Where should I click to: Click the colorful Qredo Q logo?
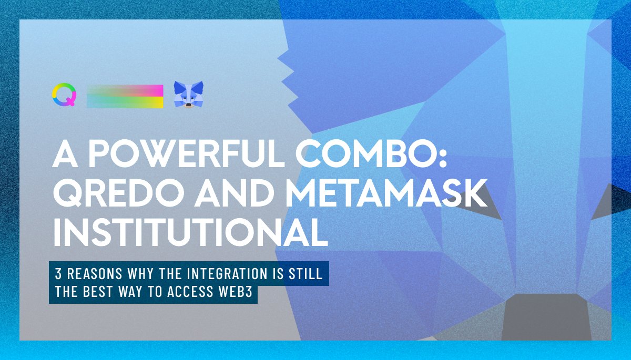(x=64, y=95)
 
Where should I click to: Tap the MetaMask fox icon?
(x=189, y=95)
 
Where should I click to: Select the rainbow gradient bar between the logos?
(x=125, y=96)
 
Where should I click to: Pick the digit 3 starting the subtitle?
(x=58, y=274)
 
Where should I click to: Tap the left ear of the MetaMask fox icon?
(x=178, y=85)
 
